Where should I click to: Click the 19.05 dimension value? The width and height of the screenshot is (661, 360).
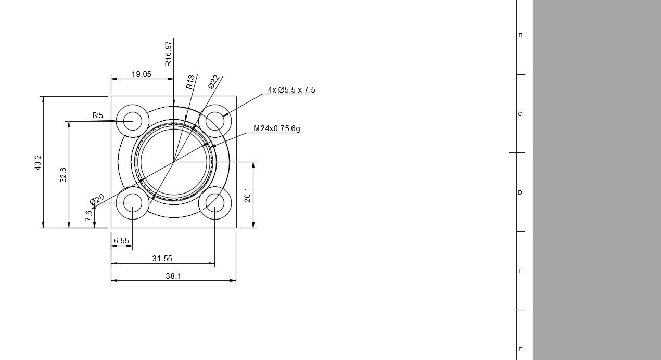click(142, 74)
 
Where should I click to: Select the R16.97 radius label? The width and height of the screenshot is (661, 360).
click(168, 54)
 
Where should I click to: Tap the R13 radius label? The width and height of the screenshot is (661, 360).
click(190, 82)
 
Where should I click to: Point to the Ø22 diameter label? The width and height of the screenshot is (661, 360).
click(214, 82)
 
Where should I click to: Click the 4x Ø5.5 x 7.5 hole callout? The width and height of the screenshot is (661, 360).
click(291, 90)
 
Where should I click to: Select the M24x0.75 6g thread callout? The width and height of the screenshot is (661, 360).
click(277, 128)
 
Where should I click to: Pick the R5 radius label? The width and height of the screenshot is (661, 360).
click(98, 115)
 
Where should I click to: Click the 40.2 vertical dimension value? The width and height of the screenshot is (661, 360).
click(38, 162)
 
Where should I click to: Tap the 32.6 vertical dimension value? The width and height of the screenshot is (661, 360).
click(63, 175)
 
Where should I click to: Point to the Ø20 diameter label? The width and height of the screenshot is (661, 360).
click(97, 200)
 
